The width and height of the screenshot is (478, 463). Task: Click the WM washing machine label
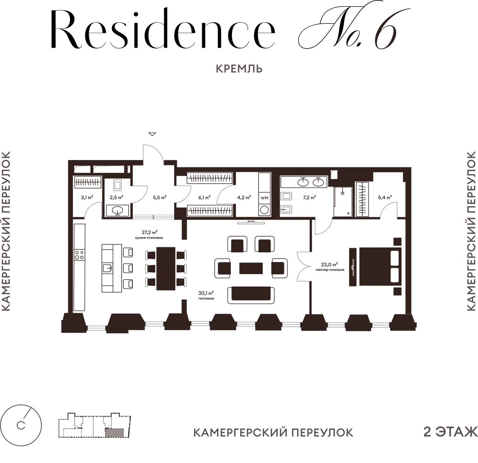[x=264, y=198]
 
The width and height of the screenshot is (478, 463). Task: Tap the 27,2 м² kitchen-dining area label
[x=149, y=234]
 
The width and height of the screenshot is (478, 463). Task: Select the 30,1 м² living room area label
[x=206, y=295]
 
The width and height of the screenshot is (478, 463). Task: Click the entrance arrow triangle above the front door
[x=152, y=134]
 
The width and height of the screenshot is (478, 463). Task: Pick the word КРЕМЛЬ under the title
[x=239, y=69]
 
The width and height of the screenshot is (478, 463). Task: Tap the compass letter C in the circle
[x=21, y=425]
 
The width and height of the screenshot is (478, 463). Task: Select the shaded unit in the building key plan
[x=115, y=433]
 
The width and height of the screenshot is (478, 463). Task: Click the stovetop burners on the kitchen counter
[x=79, y=255]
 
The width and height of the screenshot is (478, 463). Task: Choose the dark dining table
[x=166, y=268]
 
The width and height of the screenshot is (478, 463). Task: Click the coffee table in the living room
[x=251, y=268]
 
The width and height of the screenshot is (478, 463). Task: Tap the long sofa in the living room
[x=251, y=295]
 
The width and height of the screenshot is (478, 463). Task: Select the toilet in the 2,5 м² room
[x=117, y=185]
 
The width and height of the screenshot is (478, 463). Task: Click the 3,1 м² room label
[x=87, y=197]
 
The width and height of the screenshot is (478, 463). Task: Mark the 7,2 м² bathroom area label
[x=309, y=197]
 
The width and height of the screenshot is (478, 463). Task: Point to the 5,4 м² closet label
[x=385, y=197]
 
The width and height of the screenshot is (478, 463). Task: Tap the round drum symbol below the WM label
[x=264, y=210]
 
